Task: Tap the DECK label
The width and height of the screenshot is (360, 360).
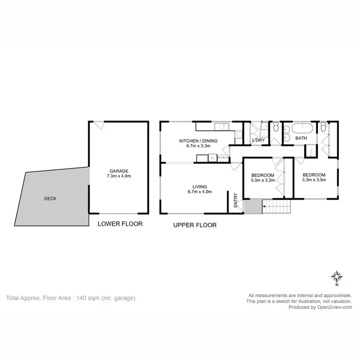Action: [x=50, y=199]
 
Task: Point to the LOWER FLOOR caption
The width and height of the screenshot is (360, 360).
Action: [x=120, y=224]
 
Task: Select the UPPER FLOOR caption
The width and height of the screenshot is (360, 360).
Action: [x=195, y=225]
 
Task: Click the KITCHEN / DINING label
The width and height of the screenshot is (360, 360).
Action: [x=198, y=141]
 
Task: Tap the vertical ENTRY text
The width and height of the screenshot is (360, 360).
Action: [x=236, y=200]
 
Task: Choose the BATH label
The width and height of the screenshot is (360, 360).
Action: [x=301, y=138]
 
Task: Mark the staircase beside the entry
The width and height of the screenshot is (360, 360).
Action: [x=276, y=207]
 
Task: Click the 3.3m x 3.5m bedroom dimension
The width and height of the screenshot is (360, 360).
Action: [x=314, y=180]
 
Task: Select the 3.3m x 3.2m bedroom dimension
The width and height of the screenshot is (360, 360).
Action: [x=263, y=181]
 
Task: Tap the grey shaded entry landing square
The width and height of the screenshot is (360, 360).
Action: [x=251, y=207]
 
